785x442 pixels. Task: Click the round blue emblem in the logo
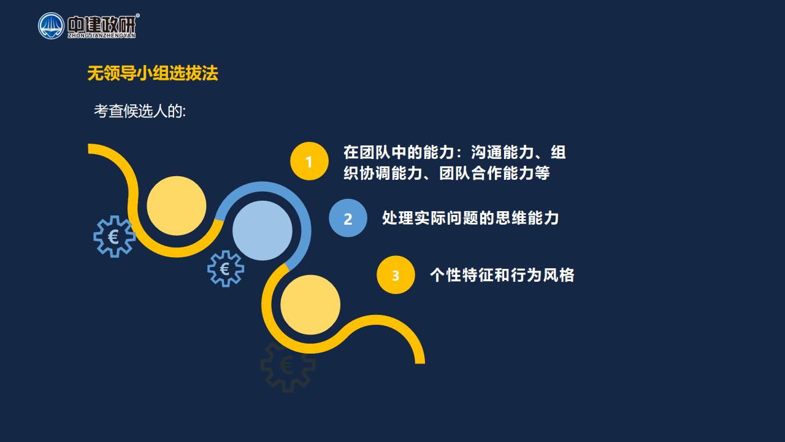click(x=51, y=26)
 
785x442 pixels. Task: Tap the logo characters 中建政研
click(x=101, y=24)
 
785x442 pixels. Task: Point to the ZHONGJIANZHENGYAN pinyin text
click(x=102, y=36)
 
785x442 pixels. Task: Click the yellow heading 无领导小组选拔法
click(x=153, y=73)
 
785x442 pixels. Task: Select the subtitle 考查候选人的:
click(x=140, y=111)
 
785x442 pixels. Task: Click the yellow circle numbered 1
click(x=309, y=161)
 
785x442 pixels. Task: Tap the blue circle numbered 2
click(x=348, y=218)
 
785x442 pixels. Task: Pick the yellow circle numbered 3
click(x=396, y=275)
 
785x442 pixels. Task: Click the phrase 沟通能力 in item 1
click(x=502, y=152)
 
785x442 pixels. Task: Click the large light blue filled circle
click(x=262, y=230)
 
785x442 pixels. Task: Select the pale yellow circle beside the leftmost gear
click(x=177, y=206)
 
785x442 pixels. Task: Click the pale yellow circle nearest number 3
click(x=310, y=304)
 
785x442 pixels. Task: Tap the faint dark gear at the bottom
click(x=288, y=367)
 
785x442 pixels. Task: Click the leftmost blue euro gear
click(x=114, y=236)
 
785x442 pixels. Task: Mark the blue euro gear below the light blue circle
click(x=226, y=269)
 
